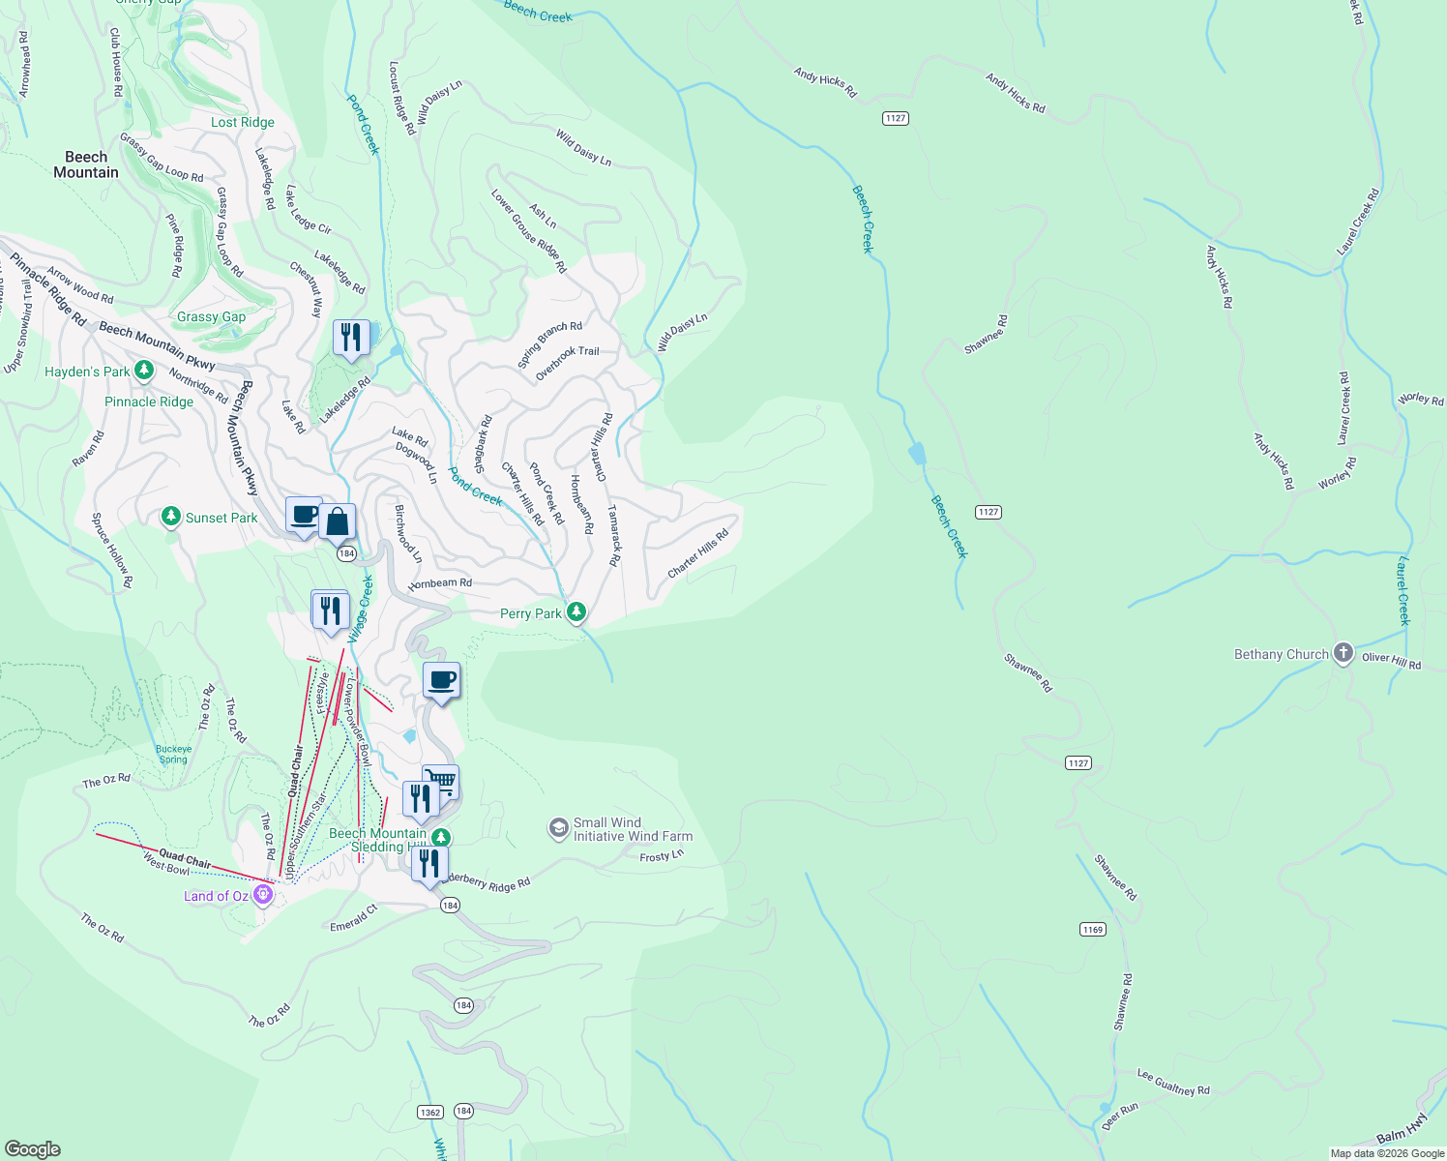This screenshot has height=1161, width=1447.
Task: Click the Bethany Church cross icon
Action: [x=1343, y=653]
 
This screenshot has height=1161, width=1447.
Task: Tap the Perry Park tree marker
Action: [x=576, y=611]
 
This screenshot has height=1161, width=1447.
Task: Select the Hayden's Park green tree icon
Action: [x=144, y=370]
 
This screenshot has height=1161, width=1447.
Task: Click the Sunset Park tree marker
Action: [x=171, y=517]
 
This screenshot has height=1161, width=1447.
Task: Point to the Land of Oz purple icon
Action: [x=263, y=895]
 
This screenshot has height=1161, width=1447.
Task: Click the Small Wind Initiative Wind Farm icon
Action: [x=558, y=828]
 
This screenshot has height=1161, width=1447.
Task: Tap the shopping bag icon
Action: [x=338, y=522]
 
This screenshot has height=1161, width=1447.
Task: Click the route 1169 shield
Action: [x=1092, y=929]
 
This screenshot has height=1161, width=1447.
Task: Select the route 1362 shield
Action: [x=430, y=1112]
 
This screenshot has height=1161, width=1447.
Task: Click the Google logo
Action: [x=32, y=1149]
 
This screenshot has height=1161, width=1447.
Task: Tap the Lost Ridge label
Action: [x=243, y=122]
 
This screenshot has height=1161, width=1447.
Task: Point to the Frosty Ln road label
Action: [x=662, y=856]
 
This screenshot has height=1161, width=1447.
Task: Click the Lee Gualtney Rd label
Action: [x=1173, y=1083]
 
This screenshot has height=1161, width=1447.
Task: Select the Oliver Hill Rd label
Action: [x=1392, y=660]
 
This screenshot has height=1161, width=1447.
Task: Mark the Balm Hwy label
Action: [x=1402, y=1129]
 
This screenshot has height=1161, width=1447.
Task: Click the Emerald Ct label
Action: [x=353, y=918]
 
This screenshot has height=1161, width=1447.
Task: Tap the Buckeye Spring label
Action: [x=174, y=754]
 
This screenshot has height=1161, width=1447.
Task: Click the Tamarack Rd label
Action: [x=613, y=535]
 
